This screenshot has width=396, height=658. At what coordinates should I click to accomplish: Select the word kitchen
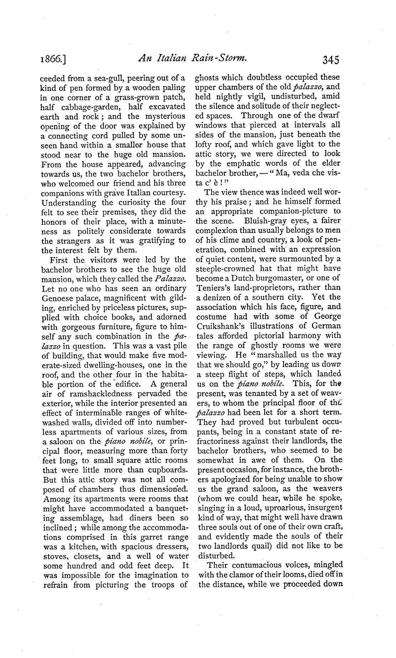pyautogui.click(x=78, y=547)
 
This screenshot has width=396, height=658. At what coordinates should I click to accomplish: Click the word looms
pyautogui.click(x=291, y=574)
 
